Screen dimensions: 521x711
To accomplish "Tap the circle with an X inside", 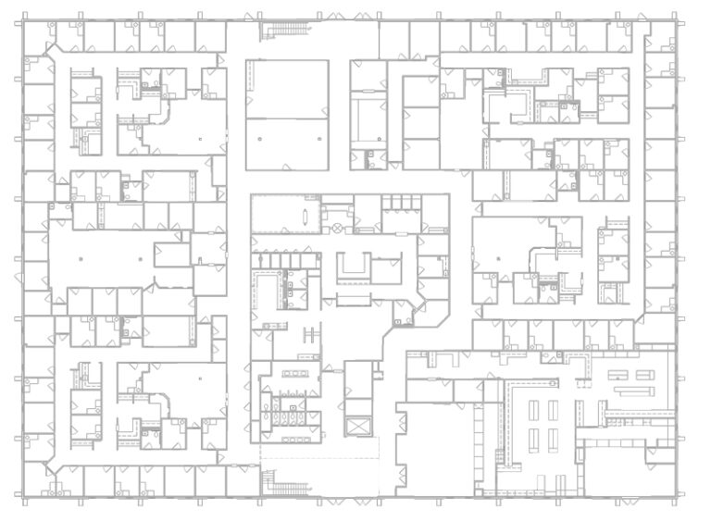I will coord(338,225).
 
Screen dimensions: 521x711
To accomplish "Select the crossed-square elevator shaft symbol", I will coord(356,427).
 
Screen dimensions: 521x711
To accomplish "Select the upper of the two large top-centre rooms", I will coord(287,89).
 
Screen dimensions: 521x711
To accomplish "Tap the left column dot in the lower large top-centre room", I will coord(260,139).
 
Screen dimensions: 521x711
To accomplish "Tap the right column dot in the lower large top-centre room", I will coord(318,139).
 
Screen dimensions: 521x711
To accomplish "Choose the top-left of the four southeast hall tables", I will coord(532,408).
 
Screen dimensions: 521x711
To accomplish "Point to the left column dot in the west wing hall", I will coord(81,259).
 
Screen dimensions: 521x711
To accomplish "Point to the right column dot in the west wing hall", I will coord(141,259).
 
